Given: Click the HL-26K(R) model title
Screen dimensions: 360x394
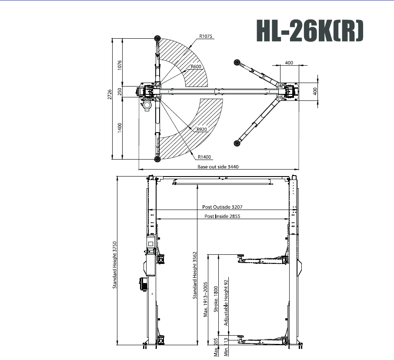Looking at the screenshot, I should tap(309, 31).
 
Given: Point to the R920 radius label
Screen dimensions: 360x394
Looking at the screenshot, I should tap(202, 129).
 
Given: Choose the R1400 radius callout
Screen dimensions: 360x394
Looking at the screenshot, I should tap(205, 157).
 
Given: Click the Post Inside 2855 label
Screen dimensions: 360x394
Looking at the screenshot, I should tap(222, 216).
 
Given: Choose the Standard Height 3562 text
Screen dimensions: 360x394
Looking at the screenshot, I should tap(195, 275).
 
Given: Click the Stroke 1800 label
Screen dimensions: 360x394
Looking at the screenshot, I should tap(216, 299).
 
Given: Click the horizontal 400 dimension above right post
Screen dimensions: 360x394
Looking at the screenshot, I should tap(289, 63).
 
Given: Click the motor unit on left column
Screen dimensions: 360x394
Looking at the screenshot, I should tap(144, 284).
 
